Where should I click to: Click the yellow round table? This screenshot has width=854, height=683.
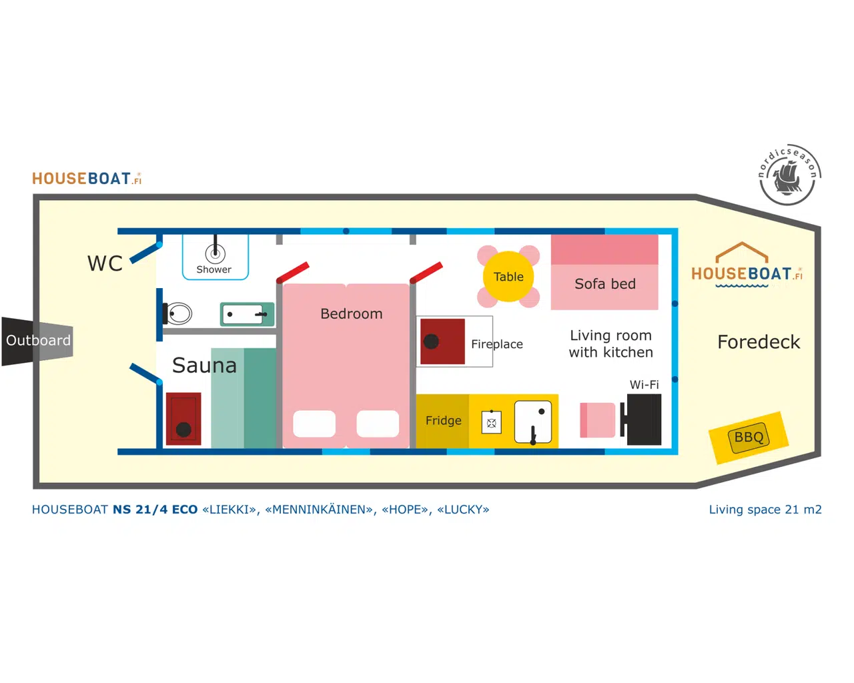[x=508, y=276]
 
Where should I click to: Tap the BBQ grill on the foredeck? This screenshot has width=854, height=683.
[x=749, y=438]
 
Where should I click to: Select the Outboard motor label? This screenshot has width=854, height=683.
[x=38, y=340]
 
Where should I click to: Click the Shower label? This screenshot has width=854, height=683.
[x=213, y=269]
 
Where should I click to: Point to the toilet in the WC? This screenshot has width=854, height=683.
[x=178, y=313]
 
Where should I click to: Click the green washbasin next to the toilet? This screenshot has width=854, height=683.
[x=246, y=314]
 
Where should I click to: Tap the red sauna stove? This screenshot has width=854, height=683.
[x=183, y=418]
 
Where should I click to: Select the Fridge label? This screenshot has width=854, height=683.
[x=443, y=420]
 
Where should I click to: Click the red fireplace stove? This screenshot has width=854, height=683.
[x=442, y=341]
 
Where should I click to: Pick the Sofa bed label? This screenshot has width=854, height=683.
[x=604, y=284]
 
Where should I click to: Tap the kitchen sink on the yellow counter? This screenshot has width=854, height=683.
[x=533, y=422]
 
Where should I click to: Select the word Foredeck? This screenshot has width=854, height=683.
[x=758, y=342]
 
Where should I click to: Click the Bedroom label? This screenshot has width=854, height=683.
[x=351, y=313]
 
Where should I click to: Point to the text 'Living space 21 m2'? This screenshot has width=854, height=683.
[x=765, y=510]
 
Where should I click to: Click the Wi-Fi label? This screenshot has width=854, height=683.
[x=644, y=385]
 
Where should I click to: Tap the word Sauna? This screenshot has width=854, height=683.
[x=204, y=366]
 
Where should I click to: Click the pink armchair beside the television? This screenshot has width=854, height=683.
[x=598, y=420]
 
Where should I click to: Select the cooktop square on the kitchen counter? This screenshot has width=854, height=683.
[x=492, y=422]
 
